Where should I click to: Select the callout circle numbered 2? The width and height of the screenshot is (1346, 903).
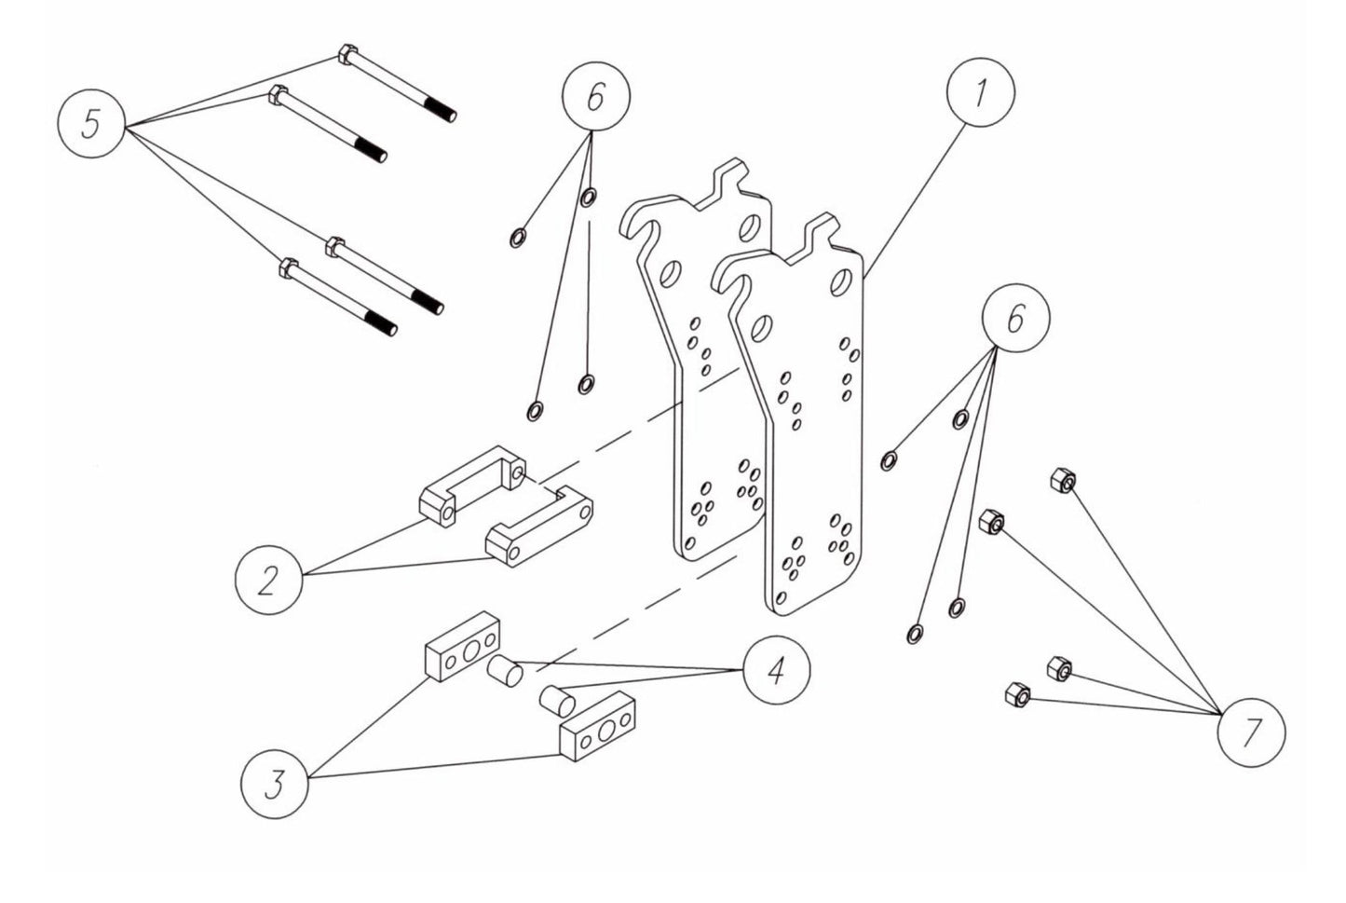268,581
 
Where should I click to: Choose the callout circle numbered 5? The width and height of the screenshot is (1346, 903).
91,124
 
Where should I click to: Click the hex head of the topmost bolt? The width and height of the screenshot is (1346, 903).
345,54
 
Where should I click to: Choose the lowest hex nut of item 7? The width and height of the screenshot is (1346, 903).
1017,694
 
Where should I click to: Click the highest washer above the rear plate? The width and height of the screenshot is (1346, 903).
589,198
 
